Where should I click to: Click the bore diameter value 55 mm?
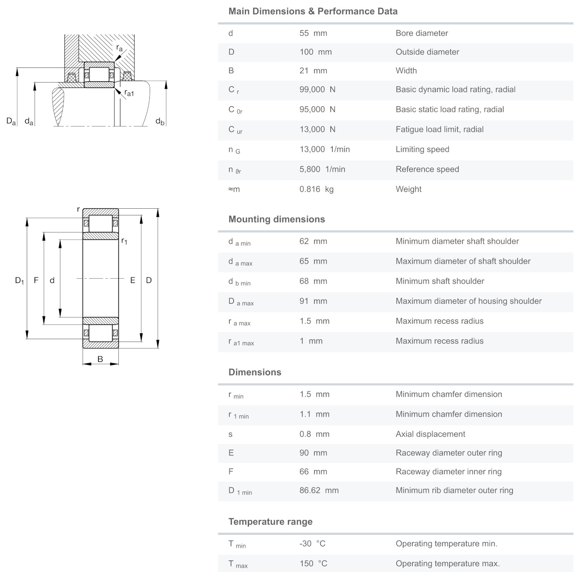(x=313, y=33)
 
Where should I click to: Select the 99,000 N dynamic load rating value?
(x=317, y=90)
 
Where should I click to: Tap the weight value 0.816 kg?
(x=317, y=189)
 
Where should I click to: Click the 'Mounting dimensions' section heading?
(x=276, y=219)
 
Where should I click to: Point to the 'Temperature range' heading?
(x=270, y=522)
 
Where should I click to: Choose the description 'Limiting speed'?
(x=422, y=149)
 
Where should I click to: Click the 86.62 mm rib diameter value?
(x=319, y=490)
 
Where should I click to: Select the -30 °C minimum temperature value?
(x=312, y=544)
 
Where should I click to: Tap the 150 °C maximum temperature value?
(x=313, y=564)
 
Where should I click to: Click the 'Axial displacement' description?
(x=430, y=434)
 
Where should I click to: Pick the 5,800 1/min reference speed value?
(x=322, y=169)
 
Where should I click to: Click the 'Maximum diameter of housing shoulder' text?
(x=468, y=301)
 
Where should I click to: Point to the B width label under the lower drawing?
(x=100, y=359)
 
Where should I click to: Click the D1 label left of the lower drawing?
(x=19, y=280)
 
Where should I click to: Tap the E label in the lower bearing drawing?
(x=133, y=280)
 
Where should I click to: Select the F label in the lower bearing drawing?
(x=36, y=280)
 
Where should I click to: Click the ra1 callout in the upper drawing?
(x=129, y=93)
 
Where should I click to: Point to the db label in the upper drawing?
(x=160, y=121)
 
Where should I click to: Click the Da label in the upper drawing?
(x=11, y=121)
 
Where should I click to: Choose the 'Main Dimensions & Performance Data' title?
(x=313, y=11)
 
